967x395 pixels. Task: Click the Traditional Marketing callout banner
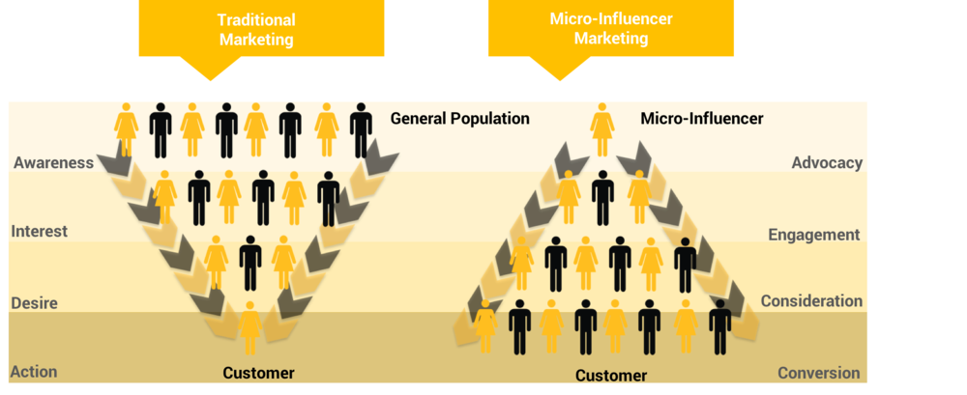tap(255, 30)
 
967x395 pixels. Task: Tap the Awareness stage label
tap(53, 162)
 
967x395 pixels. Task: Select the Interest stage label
tap(39, 232)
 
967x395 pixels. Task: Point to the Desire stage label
tap(34, 303)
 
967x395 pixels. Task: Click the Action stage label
tap(34, 372)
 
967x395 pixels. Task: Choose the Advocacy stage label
tap(826, 162)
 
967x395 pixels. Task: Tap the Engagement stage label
tap(813, 234)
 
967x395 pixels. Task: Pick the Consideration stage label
tap(810, 301)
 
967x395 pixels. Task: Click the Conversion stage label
tap(818, 373)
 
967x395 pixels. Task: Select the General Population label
tap(459, 119)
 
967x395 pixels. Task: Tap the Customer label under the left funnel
tap(258, 373)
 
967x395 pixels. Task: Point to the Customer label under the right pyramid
tap(610, 375)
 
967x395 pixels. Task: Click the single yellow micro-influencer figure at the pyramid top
tap(602, 129)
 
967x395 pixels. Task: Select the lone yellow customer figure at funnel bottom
tap(250, 328)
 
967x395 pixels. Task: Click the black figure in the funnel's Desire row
tap(250, 262)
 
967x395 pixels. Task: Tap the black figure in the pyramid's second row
tap(602, 197)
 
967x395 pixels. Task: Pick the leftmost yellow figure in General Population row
tap(127, 129)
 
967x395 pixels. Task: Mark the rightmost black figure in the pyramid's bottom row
tap(719, 326)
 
